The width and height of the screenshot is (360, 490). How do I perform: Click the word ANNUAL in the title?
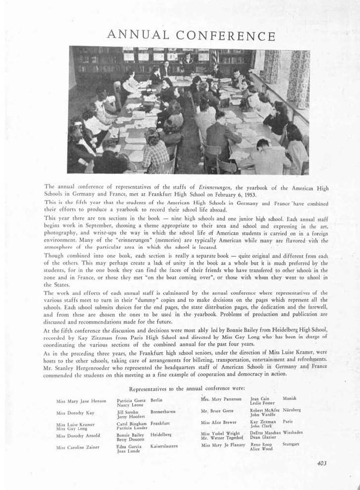[136, 35]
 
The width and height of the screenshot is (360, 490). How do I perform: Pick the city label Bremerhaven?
[163, 412]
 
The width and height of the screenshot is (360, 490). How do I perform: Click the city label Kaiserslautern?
[164, 446]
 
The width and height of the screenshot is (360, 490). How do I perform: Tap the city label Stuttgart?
[291, 444]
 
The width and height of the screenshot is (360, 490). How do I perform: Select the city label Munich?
[290, 398]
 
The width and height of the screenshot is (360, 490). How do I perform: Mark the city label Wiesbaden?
[293, 433]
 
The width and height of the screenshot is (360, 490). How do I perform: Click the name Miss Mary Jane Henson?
[81, 400]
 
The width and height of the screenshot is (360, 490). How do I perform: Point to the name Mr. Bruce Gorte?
[217, 411]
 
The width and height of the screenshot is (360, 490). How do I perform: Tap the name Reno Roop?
[261, 445]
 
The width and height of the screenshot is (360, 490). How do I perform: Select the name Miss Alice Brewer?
[218, 423]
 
